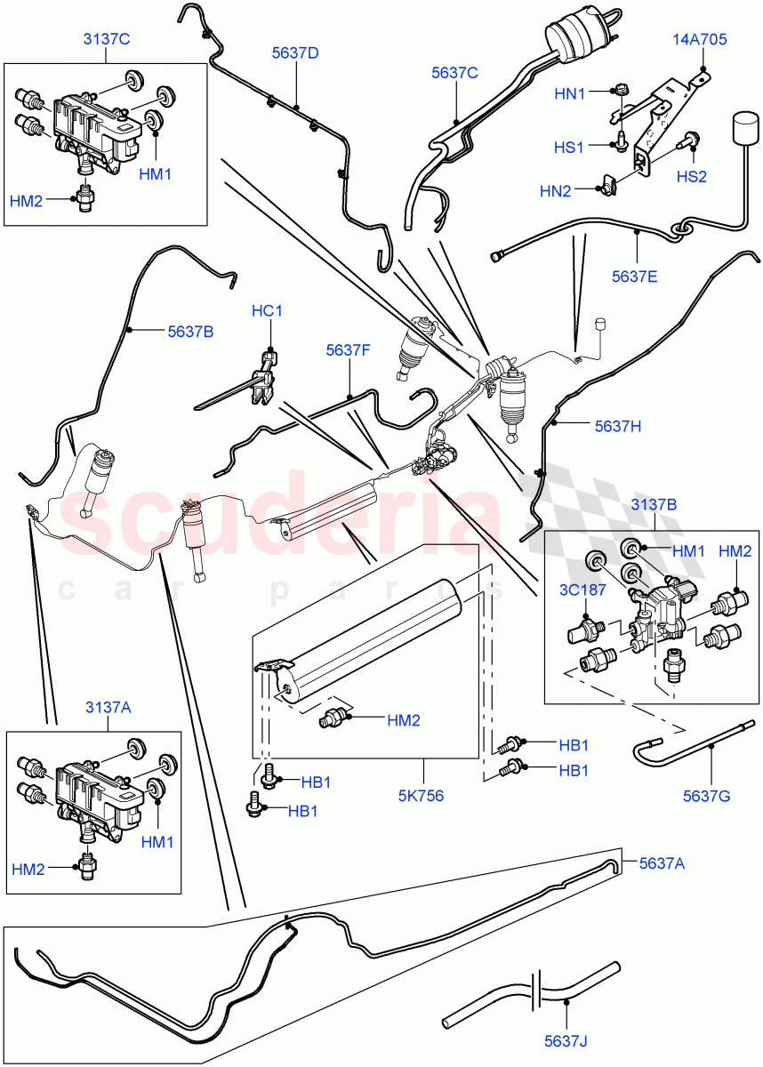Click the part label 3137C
coord(106,38)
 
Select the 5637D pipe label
coord(295,53)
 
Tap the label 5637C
coord(454,73)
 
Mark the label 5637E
coord(634,276)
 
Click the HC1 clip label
coord(267,311)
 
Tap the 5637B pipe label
coord(190,332)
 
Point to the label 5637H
coord(617,425)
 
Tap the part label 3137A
coord(108,707)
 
